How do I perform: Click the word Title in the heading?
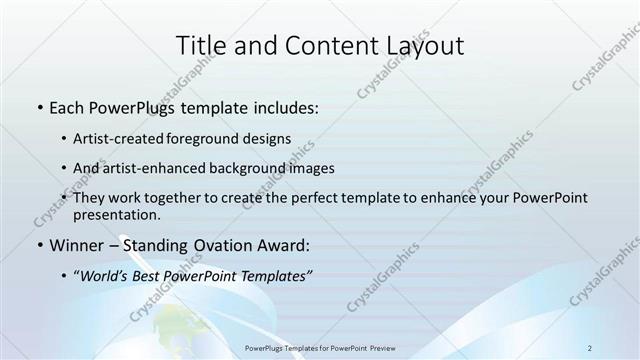pyautogui.click(x=200, y=45)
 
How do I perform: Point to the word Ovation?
pyautogui.click(x=212, y=245)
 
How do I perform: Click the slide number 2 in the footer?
pyautogui.click(x=590, y=347)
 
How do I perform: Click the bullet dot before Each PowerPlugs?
pyautogui.click(x=39, y=107)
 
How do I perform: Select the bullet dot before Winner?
pyautogui.click(x=39, y=245)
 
